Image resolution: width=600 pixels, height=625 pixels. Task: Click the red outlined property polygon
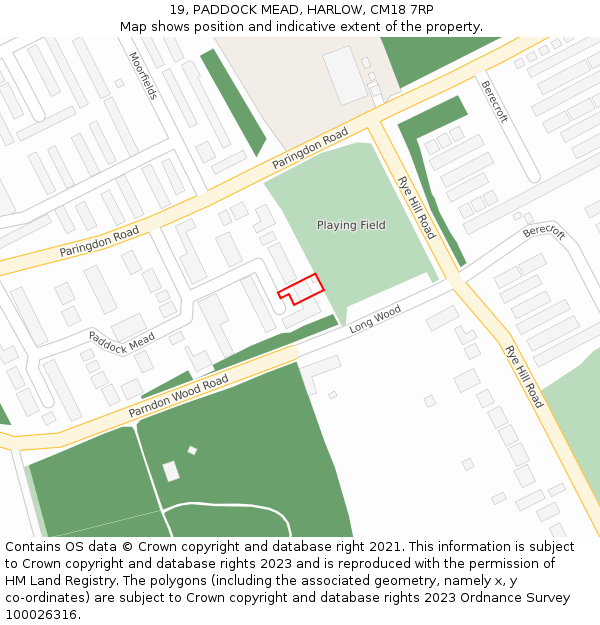(x=302, y=288)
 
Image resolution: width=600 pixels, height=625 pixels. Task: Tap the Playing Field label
(x=351, y=225)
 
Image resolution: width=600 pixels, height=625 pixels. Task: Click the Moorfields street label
(x=143, y=76)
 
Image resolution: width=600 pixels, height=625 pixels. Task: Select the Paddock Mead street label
(x=121, y=342)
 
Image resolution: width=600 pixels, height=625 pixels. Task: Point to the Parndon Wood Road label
(x=179, y=396)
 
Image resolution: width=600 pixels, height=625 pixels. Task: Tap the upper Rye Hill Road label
(x=416, y=208)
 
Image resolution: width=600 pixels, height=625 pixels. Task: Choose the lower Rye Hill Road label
(x=524, y=376)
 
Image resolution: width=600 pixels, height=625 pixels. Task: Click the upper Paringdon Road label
(x=310, y=147)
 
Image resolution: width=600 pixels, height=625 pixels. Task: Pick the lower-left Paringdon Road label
(x=99, y=241)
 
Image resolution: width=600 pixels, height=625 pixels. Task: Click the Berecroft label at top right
(x=493, y=101)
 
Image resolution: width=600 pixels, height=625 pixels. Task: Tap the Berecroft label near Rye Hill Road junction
(x=544, y=232)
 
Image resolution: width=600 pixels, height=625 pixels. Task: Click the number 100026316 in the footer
(x=42, y=614)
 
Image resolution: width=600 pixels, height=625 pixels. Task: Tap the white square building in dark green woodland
(x=171, y=470)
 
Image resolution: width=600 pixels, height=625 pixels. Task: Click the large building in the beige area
(x=345, y=76)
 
